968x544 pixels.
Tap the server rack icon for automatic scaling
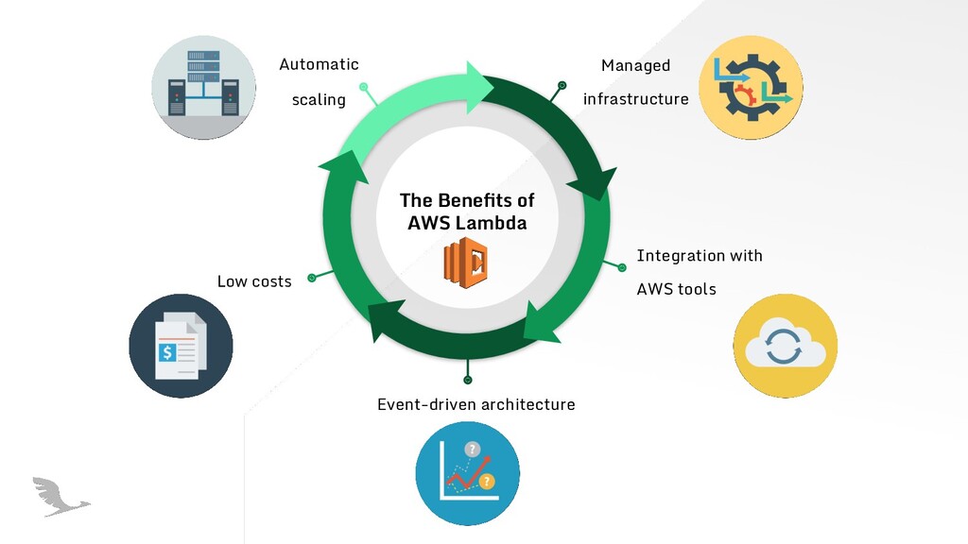tap(203, 88)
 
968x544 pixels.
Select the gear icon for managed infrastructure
tap(751, 88)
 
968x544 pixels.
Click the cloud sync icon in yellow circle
tap(785, 346)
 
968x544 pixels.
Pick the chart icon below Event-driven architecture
tap(467, 472)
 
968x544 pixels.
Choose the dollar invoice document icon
tap(181, 346)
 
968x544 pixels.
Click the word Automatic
tap(319, 64)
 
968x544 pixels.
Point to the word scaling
tap(319, 99)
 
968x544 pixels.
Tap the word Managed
tap(635, 65)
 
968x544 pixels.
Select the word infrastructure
tap(635, 99)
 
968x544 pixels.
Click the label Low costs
tap(254, 281)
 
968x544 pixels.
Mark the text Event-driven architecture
tap(475, 404)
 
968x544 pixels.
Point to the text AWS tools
tap(676, 289)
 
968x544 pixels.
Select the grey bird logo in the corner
tap(59, 496)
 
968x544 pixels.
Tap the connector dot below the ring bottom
tap(467, 380)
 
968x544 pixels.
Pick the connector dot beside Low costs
tap(311, 278)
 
